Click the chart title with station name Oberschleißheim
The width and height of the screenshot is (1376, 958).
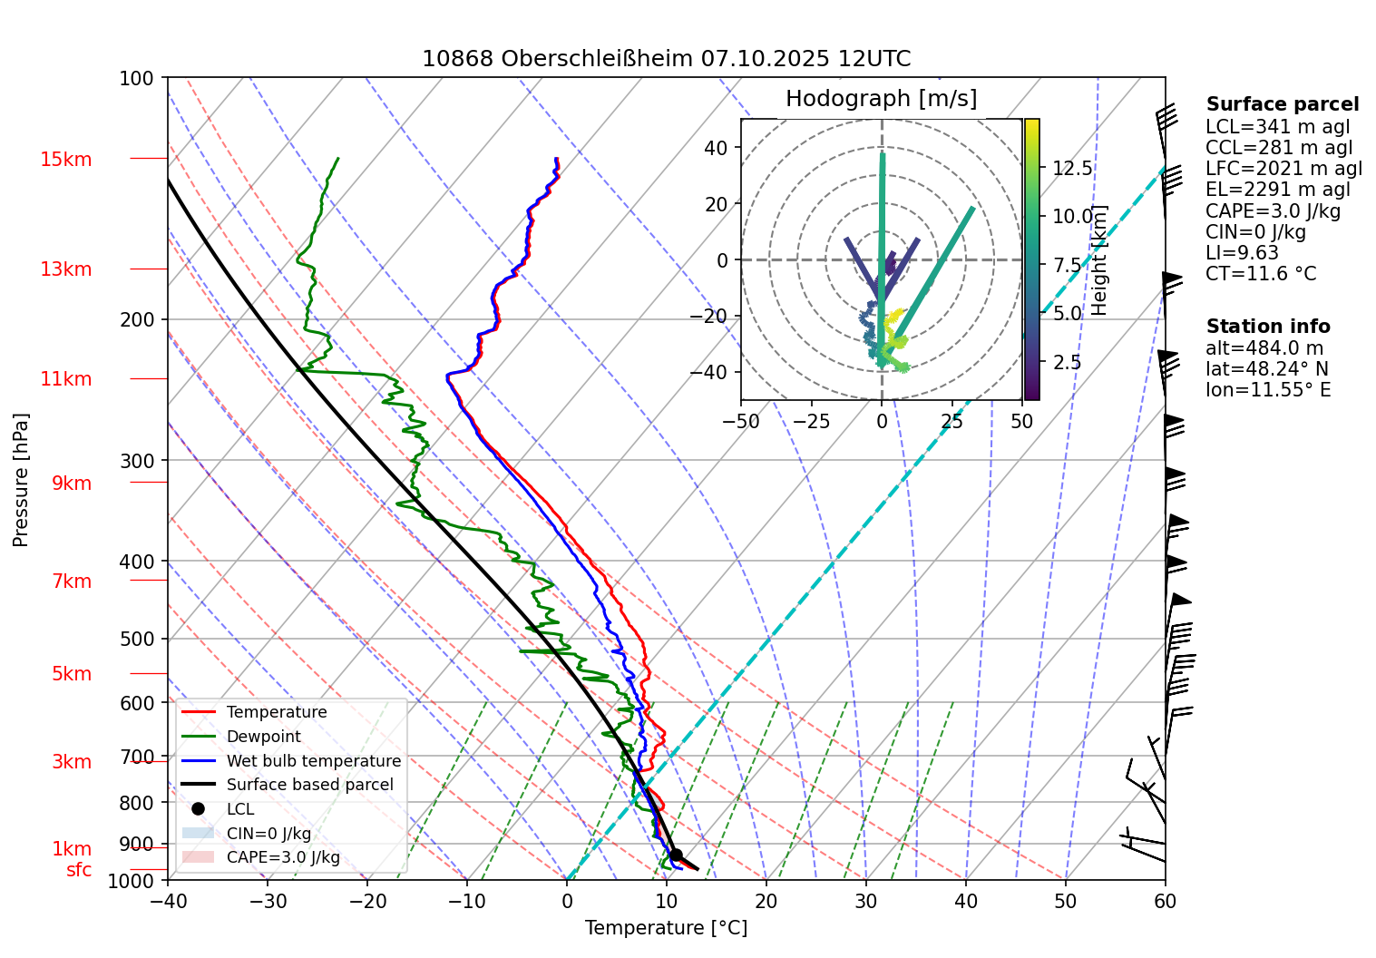coord(666,59)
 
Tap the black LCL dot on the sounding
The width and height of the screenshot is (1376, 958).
coord(676,855)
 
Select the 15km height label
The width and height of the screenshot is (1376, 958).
coord(66,160)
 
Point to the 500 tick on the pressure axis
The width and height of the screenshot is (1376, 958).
coord(137,639)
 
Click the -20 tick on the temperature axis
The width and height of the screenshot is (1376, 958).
coord(366,901)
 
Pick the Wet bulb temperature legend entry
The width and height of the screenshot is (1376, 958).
coord(313,761)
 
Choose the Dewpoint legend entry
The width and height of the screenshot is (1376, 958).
coord(263,737)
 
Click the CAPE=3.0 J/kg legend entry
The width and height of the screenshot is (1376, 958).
coord(283,857)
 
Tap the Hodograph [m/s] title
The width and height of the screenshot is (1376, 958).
coord(881,98)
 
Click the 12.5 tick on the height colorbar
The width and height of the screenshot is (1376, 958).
coord(1072,168)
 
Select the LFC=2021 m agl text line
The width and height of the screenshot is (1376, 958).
coord(1283,169)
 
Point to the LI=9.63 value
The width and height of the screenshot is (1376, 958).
coord(1242,253)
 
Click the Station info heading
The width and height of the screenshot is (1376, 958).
coord(1267,327)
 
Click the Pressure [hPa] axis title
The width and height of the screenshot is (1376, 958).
coord(21,480)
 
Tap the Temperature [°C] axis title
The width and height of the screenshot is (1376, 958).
coord(666,927)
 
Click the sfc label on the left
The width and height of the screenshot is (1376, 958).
coord(79,870)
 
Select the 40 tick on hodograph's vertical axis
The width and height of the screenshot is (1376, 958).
coord(717,148)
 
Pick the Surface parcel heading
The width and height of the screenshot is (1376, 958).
coord(1282,104)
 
